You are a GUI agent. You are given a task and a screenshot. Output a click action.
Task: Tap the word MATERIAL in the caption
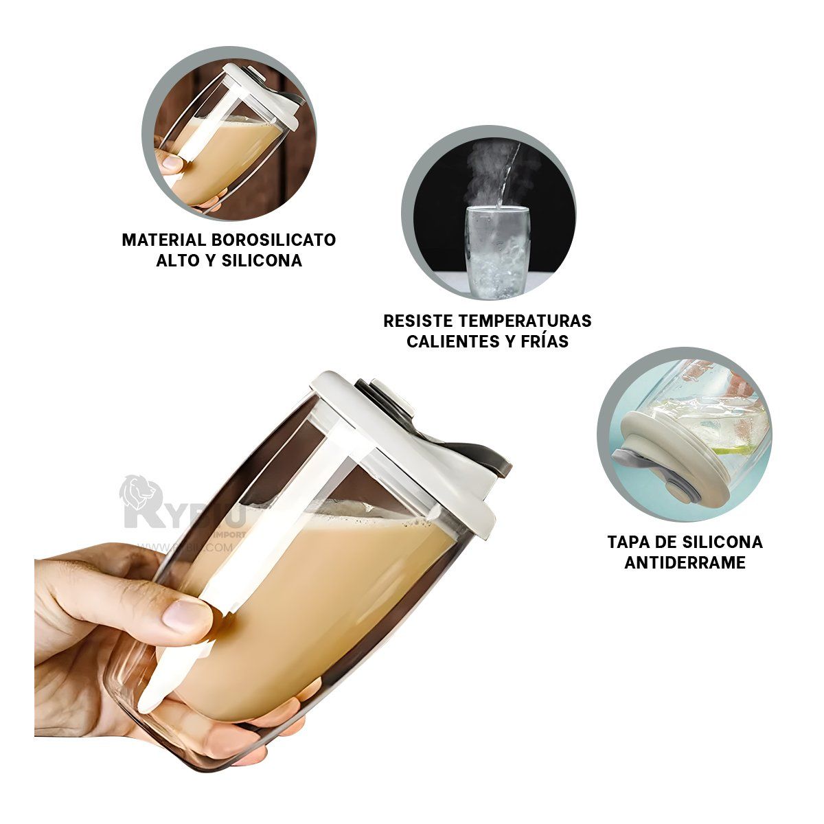coord(164,240)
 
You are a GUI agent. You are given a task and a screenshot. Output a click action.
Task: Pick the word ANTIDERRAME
coord(685,562)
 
